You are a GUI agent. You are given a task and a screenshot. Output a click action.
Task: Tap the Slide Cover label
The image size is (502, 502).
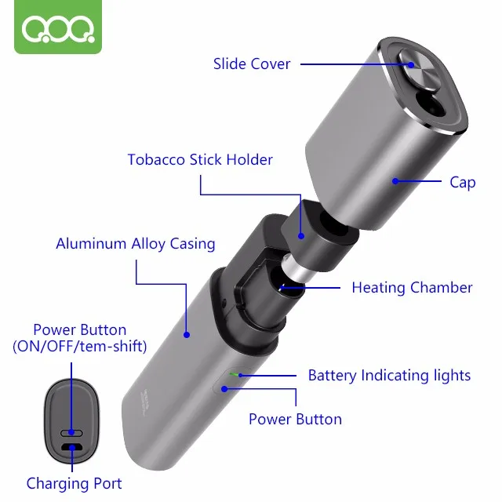tap(252, 64)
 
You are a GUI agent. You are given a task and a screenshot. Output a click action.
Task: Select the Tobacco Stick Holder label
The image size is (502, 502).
tap(200, 159)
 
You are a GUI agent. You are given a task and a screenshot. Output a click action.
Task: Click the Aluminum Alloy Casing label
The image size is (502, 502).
tap(135, 243)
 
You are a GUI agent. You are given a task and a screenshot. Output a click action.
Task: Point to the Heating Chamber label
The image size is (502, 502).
tap(412, 287)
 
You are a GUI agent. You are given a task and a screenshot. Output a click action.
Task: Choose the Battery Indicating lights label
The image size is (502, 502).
tap(389, 375)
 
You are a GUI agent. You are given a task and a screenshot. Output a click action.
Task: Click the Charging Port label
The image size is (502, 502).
tap(74, 483)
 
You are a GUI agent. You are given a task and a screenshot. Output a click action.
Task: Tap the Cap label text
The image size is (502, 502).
tap(463, 182)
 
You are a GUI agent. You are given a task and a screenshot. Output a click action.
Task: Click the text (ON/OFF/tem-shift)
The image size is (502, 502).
tap(80, 346)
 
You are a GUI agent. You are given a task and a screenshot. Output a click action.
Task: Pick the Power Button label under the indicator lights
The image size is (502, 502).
tap(295, 419)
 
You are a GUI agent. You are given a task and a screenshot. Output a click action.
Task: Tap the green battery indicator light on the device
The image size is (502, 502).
tap(232, 374)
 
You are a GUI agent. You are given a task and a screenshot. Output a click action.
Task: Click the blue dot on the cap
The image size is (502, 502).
tap(395, 181)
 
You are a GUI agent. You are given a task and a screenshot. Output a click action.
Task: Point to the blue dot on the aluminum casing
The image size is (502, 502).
tap(187, 334)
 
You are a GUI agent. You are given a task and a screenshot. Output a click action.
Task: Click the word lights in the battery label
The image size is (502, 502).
tap(452, 375)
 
